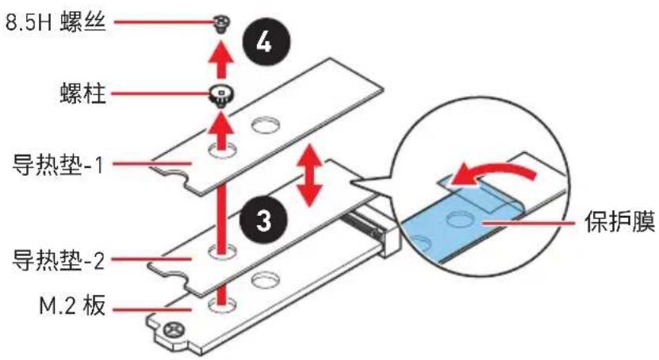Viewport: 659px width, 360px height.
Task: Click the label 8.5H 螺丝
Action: pyautogui.click(x=55, y=21)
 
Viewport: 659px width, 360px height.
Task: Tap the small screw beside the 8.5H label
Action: pyautogui.click(x=220, y=24)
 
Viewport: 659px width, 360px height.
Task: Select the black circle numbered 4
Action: pyautogui.click(x=265, y=44)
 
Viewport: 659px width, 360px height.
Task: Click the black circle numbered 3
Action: pyautogui.click(x=263, y=220)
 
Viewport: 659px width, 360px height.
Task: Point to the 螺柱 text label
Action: pyautogui.click(x=82, y=93)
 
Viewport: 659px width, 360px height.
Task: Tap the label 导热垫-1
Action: pyautogui.click(x=59, y=165)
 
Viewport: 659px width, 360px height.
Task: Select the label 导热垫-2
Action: pyautogui.click(x=59, y=259)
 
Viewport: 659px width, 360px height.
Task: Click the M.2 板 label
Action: pyautogui.click(x=72, y=306)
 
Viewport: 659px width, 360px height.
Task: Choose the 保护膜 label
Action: pyautogui.click(x=620, y=222)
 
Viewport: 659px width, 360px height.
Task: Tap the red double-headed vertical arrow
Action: pyautogui.click(x=310, y=174)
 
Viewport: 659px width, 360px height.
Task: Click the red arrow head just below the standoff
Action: pyautogui.click(x=221, y=122)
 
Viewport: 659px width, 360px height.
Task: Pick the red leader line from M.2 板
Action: pyautogui.click(x=152, y=310)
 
